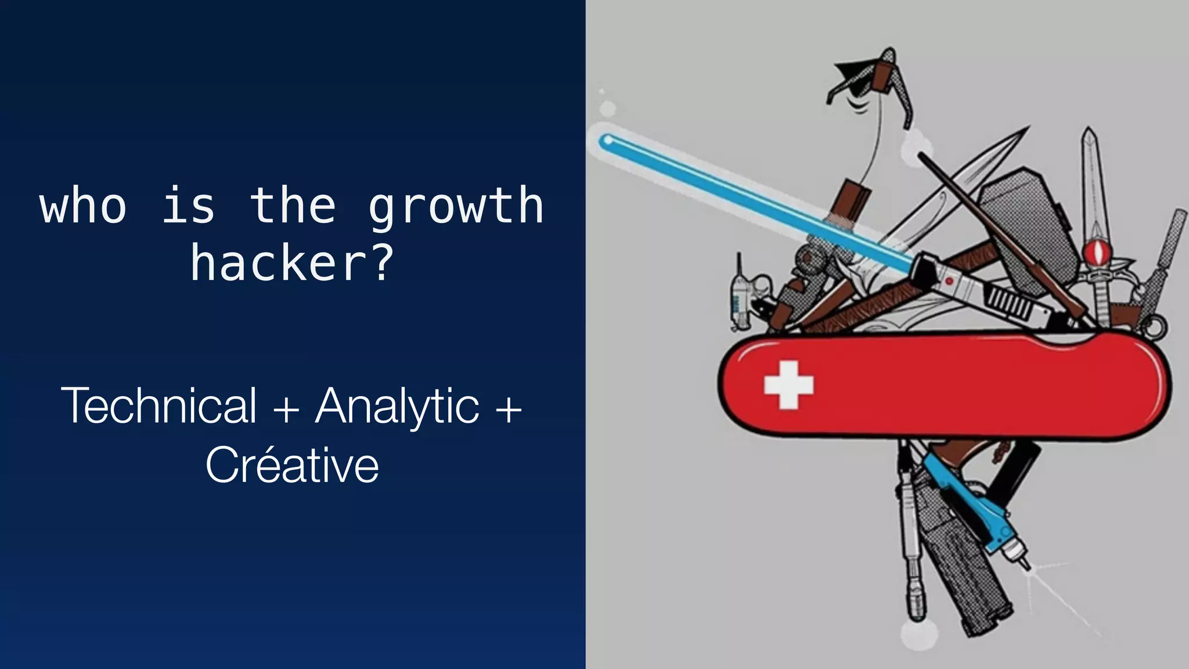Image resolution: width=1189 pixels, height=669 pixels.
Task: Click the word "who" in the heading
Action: [83, 206]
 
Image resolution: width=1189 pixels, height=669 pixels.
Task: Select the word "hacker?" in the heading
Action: [292, 263]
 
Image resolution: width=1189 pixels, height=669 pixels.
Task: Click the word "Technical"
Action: [158, 405]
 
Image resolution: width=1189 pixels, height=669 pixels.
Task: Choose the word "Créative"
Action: [292, 465]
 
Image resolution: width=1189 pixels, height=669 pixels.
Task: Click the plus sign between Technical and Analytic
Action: [286, 408]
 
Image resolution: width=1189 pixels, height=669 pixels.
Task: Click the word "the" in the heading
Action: [292, 206]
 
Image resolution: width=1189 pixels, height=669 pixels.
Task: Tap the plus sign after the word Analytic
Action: [509, 408]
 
